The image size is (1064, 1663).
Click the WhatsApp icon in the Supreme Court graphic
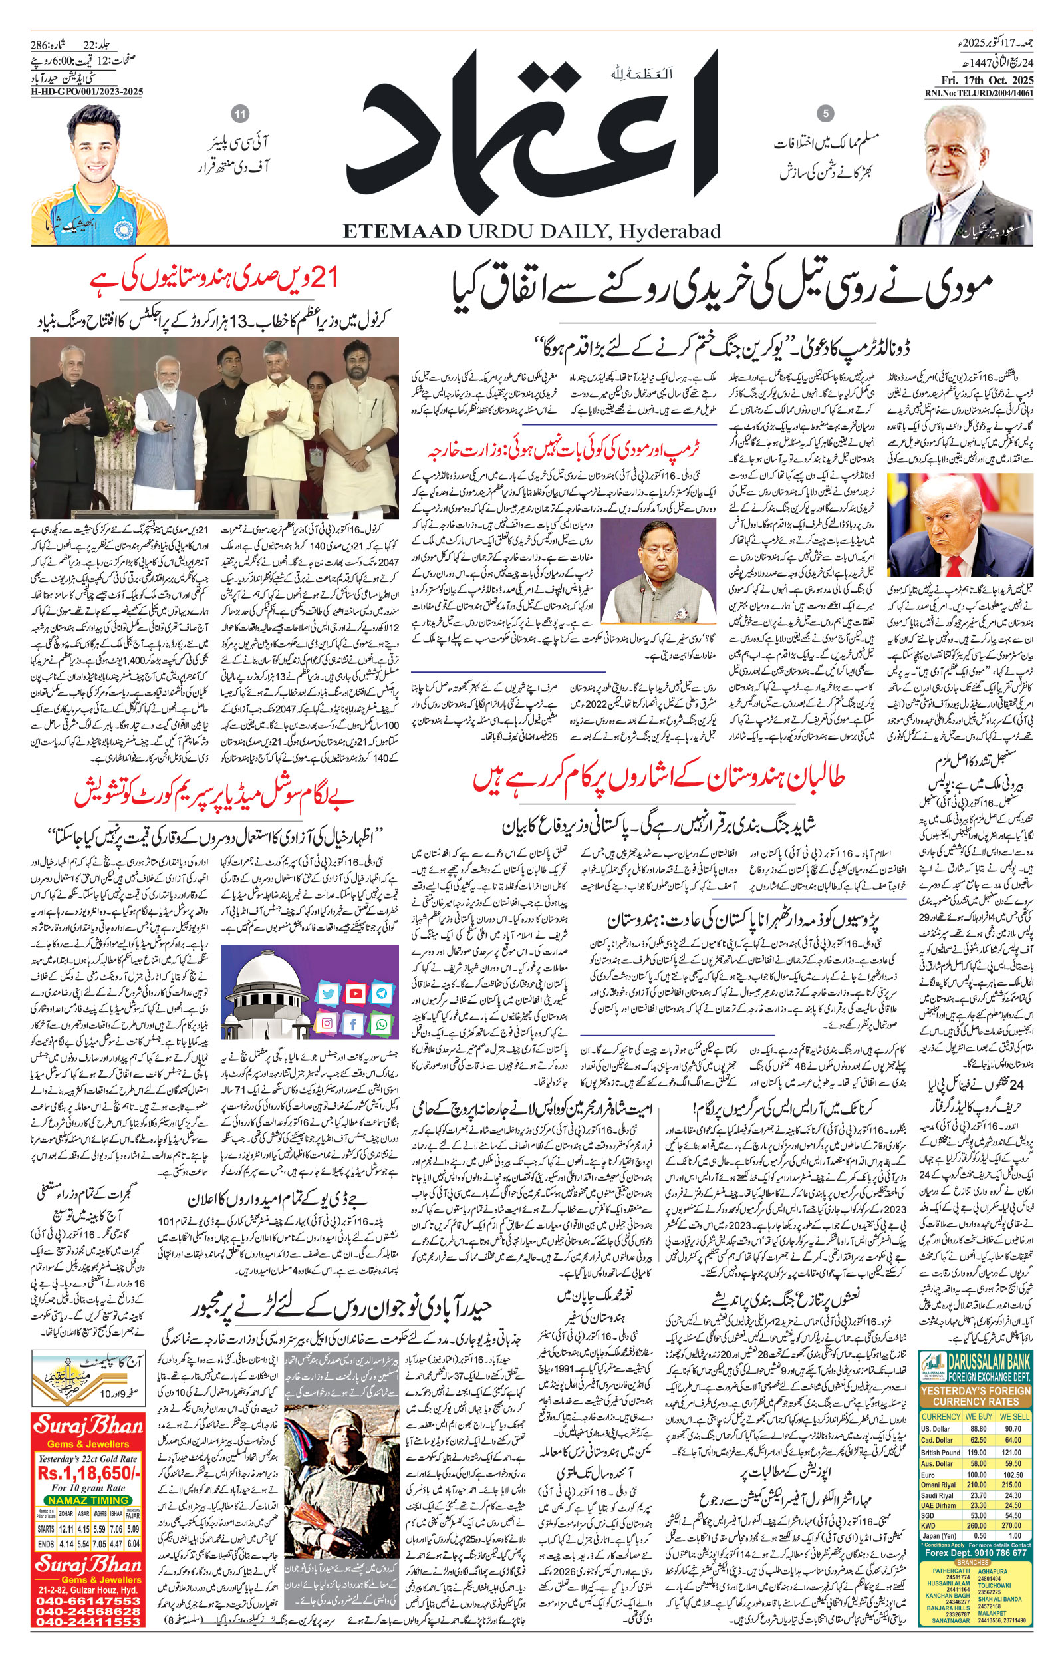[382, 1024]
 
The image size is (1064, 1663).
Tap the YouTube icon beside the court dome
[355, 994]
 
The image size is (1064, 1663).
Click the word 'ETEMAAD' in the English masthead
[402, 231]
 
